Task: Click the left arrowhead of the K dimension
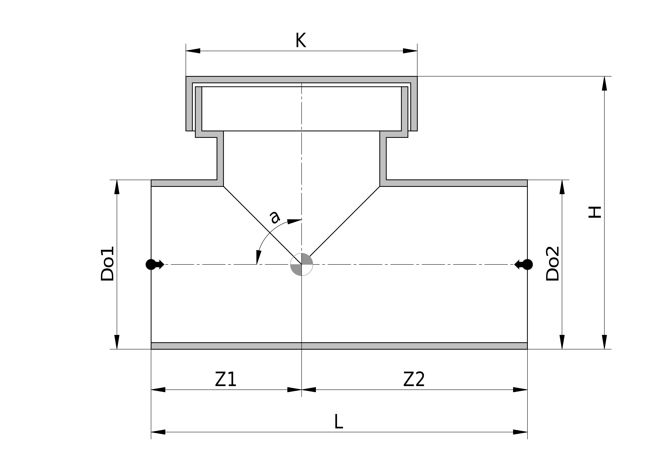click(193, 51)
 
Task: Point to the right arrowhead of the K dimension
click(410, 51)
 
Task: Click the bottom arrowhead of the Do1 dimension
click(117, 342)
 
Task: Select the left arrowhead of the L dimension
click(158, 432)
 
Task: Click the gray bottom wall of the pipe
click(339, 346)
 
